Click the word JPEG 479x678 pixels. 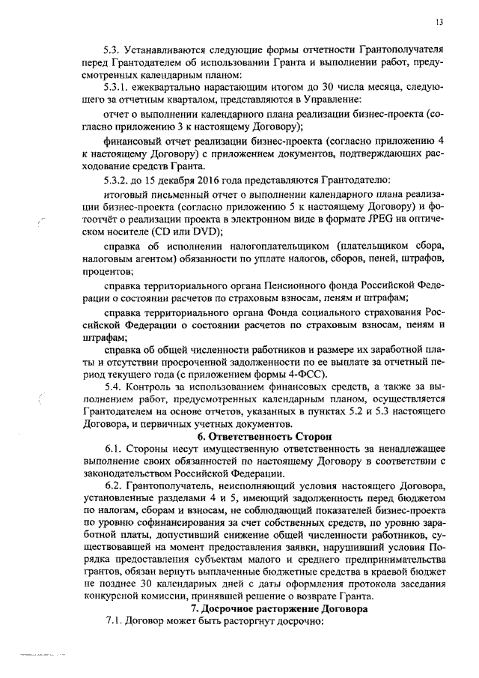click(362, 220)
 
